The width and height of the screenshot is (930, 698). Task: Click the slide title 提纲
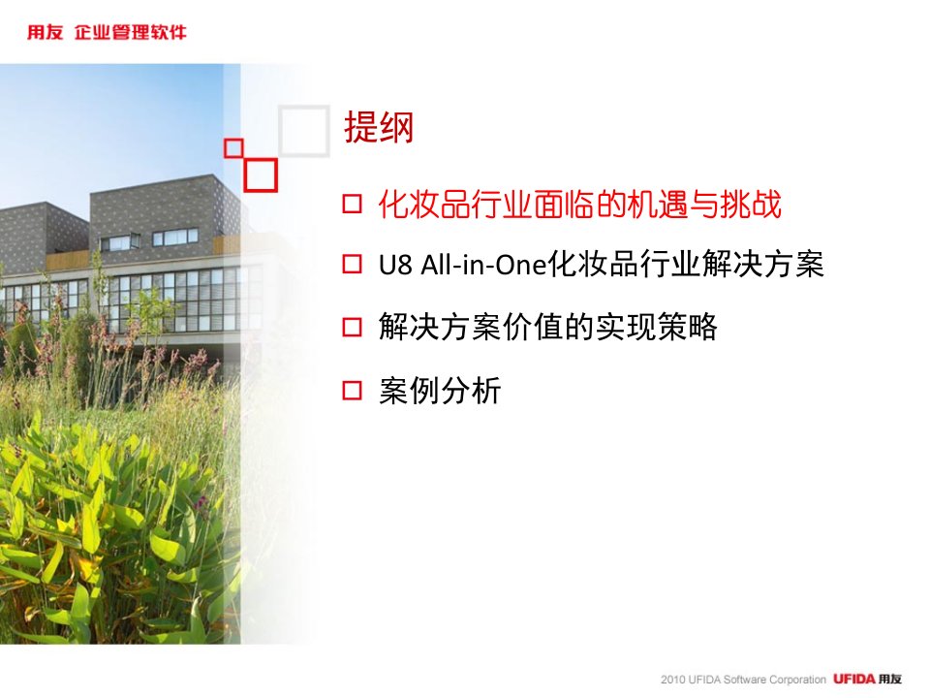379,127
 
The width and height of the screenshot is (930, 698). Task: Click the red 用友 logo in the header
46,32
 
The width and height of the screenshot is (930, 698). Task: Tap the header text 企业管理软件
131,32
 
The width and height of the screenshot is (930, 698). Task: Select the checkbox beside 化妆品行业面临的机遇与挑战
352,204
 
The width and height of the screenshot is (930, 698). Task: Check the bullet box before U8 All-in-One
352,264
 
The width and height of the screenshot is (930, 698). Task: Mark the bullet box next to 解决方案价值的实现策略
352,327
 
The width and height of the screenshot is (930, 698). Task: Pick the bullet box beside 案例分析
352,390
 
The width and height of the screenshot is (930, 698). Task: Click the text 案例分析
440,391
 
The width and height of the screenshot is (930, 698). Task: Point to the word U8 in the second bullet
395,265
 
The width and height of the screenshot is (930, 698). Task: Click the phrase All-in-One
483,265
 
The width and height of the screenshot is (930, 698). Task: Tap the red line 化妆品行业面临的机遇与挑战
580,205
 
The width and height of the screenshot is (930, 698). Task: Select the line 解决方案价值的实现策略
548,327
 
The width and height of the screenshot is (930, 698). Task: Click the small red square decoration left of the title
233,147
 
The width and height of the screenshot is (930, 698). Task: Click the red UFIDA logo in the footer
854,679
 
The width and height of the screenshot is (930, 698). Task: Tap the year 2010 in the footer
673,680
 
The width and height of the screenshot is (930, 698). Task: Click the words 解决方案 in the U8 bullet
762,264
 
